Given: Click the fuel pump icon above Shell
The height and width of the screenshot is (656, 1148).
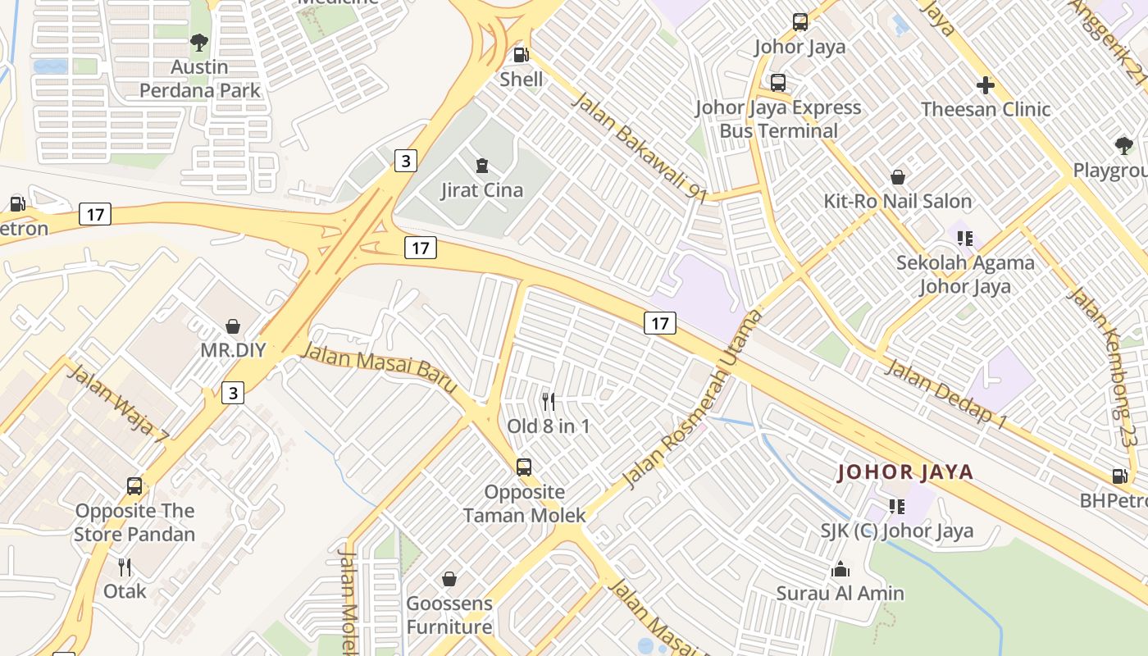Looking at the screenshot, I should [520, 55].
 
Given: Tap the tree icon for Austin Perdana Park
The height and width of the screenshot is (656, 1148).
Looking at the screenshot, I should [198, 42].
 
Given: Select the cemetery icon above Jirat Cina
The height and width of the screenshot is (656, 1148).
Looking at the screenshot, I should [481, 166].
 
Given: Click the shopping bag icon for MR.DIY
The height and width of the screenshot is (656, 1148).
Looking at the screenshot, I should [233, 326].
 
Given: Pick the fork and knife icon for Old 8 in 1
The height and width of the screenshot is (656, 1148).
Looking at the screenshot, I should [549, 401].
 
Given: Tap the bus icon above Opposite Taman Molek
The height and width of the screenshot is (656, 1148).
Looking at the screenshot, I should [524, 467].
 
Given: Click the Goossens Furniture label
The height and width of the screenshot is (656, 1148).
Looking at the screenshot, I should [449, 615].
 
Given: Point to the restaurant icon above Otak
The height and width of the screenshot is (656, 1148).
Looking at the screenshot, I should [125, 567].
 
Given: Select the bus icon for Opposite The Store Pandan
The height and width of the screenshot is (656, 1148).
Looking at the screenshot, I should [134, 486].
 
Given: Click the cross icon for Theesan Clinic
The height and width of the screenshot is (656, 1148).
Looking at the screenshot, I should [986, 84].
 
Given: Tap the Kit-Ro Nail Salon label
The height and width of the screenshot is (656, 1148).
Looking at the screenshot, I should [898, 201].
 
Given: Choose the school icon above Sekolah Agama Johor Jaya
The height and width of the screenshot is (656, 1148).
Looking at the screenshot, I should [965, 239].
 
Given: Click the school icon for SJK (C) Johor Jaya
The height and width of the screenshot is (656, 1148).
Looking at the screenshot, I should [896, 507].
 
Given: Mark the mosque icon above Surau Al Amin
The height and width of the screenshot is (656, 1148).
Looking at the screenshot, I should [840, 569].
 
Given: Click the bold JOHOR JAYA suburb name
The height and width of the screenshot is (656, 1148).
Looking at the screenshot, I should [905, 472].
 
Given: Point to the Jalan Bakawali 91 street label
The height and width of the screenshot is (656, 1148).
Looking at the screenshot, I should [639, 148].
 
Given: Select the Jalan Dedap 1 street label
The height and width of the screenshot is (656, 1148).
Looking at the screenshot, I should [946, 394].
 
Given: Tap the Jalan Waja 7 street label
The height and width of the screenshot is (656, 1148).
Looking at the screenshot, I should [116, 404].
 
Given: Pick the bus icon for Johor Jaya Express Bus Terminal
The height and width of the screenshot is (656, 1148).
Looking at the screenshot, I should [778, 83].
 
